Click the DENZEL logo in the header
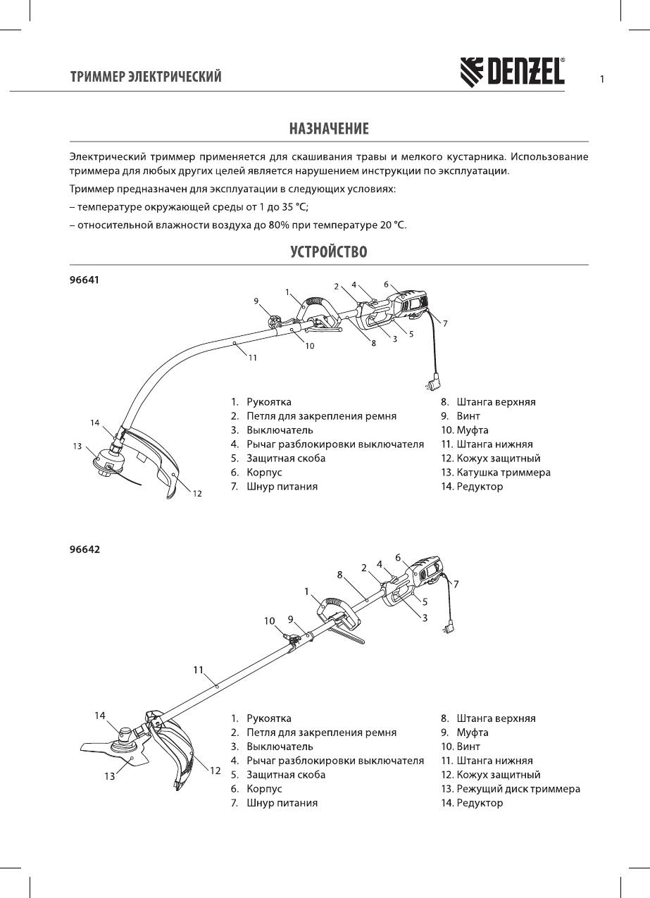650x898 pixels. click(512, 71)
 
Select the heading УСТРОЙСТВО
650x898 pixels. click(329, 251)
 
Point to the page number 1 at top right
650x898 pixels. click(602, 79)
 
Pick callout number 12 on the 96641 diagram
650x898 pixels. click(198, 494)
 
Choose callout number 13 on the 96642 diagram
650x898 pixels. click(109, 778)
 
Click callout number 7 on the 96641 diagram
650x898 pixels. click(445, 323)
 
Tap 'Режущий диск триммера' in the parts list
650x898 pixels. click(518, 789)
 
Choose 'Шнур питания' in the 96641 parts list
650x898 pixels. click(282, 487)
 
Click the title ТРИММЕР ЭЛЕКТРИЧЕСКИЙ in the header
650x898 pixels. click(146, 76)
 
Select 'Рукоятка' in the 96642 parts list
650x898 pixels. click(269, 718)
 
